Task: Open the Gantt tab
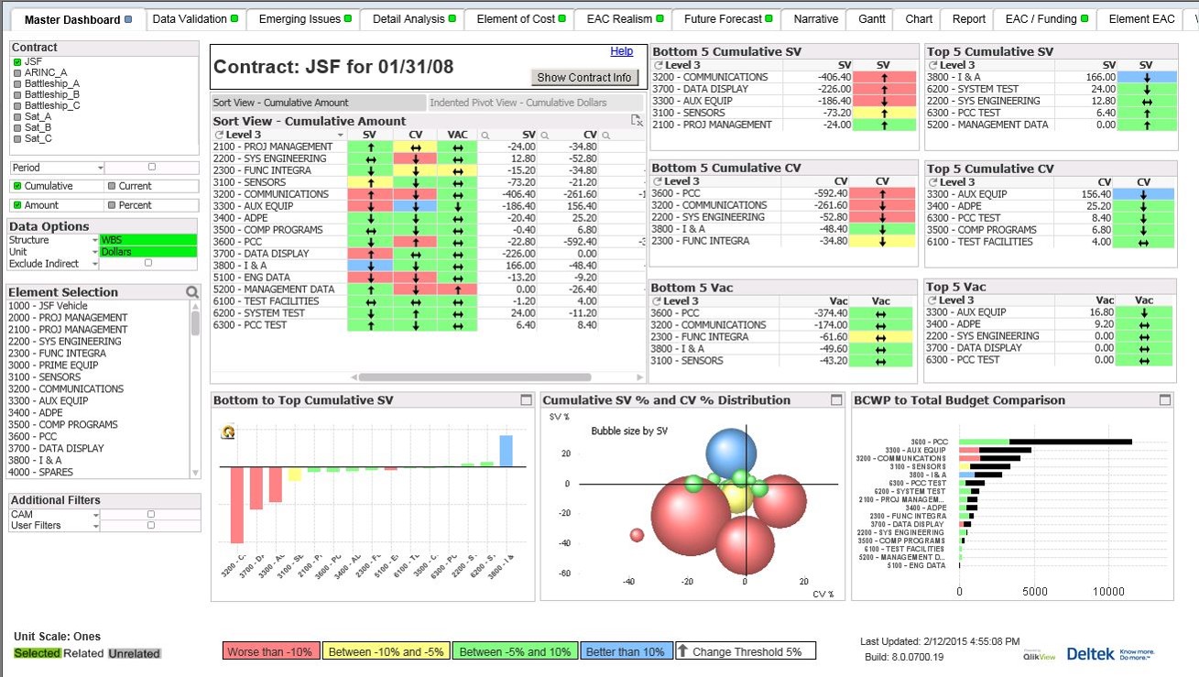pyautogui.click(x=871, y=19)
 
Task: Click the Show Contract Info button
pyautogui.click(x=583, y=78)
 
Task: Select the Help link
pyautogui.click(x=621, y=51)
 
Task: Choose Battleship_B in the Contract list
pyautogui.click(x=51, y=94)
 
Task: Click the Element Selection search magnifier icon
pyautogui.click(x=192, y=292)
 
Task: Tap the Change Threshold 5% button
pyautogui.click(x=746, y=652)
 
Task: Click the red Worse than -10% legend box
pyautogui.click(x=271, y=652)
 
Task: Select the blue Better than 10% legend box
pyautogui.click(x=627, y=652)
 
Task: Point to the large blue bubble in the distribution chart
pyautogui.click(x=731, y=453)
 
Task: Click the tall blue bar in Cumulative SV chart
pyautogui.click(x=506, y=451)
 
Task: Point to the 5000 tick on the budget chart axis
pyautogui.click(x=1034, y=592)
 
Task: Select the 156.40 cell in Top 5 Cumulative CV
pyautogui.click(x=1095, y=194)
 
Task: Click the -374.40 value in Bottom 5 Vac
pyautogui.click(x=828, y=312)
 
